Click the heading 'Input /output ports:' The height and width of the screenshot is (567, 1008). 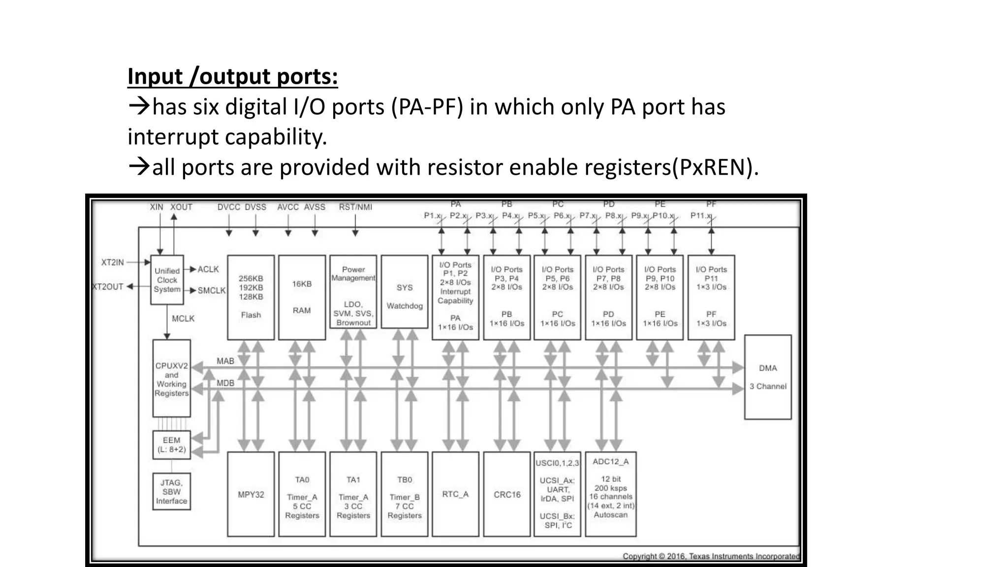click(x=232, y=77)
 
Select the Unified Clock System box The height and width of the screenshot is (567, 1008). click(x=167, y=280)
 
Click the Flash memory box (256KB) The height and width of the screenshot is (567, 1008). click(x=251, y=297)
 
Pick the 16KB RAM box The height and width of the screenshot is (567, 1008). click(x=302, y=297)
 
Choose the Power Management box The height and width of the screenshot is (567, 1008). click(x=353, y=292)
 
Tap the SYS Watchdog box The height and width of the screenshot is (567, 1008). click(x=405, y=292)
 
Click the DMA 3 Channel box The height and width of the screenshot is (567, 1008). click(x=768, y=377)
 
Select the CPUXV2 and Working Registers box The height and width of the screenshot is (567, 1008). click(x=171, y=378)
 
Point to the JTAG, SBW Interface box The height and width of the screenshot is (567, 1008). click(x=171, y=492)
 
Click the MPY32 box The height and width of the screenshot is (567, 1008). click(x=251, y=494)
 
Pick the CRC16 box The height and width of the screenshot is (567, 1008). click(x=507, y=494)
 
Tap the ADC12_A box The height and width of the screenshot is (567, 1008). click(x=610, y=494)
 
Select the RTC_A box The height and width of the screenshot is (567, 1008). click(x=455, y=494)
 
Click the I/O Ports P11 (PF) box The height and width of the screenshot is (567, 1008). click(x=711, y=297)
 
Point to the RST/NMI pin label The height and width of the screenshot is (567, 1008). click(x=355, y=207)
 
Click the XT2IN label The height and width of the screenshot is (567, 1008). click(x=113, y=262)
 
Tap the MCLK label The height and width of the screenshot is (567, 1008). click(x=183, y=319)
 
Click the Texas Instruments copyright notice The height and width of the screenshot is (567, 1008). click(x=711, y=556)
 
